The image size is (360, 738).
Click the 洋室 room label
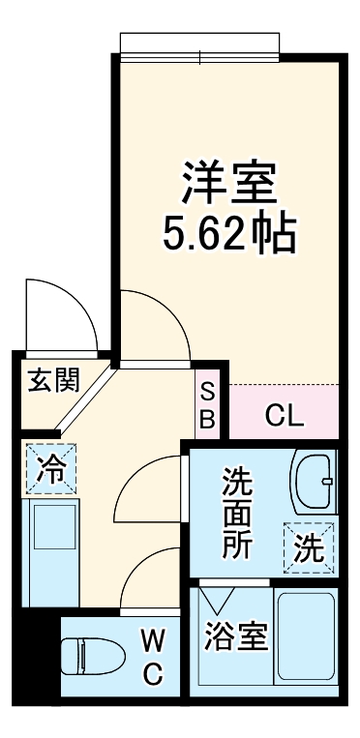coord(228,181)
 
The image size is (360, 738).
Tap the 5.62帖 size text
coord(228,233)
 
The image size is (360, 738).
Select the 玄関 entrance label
coord(52,380)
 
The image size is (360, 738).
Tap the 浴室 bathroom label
coord(237,637)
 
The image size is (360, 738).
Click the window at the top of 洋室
coord(201,45)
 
